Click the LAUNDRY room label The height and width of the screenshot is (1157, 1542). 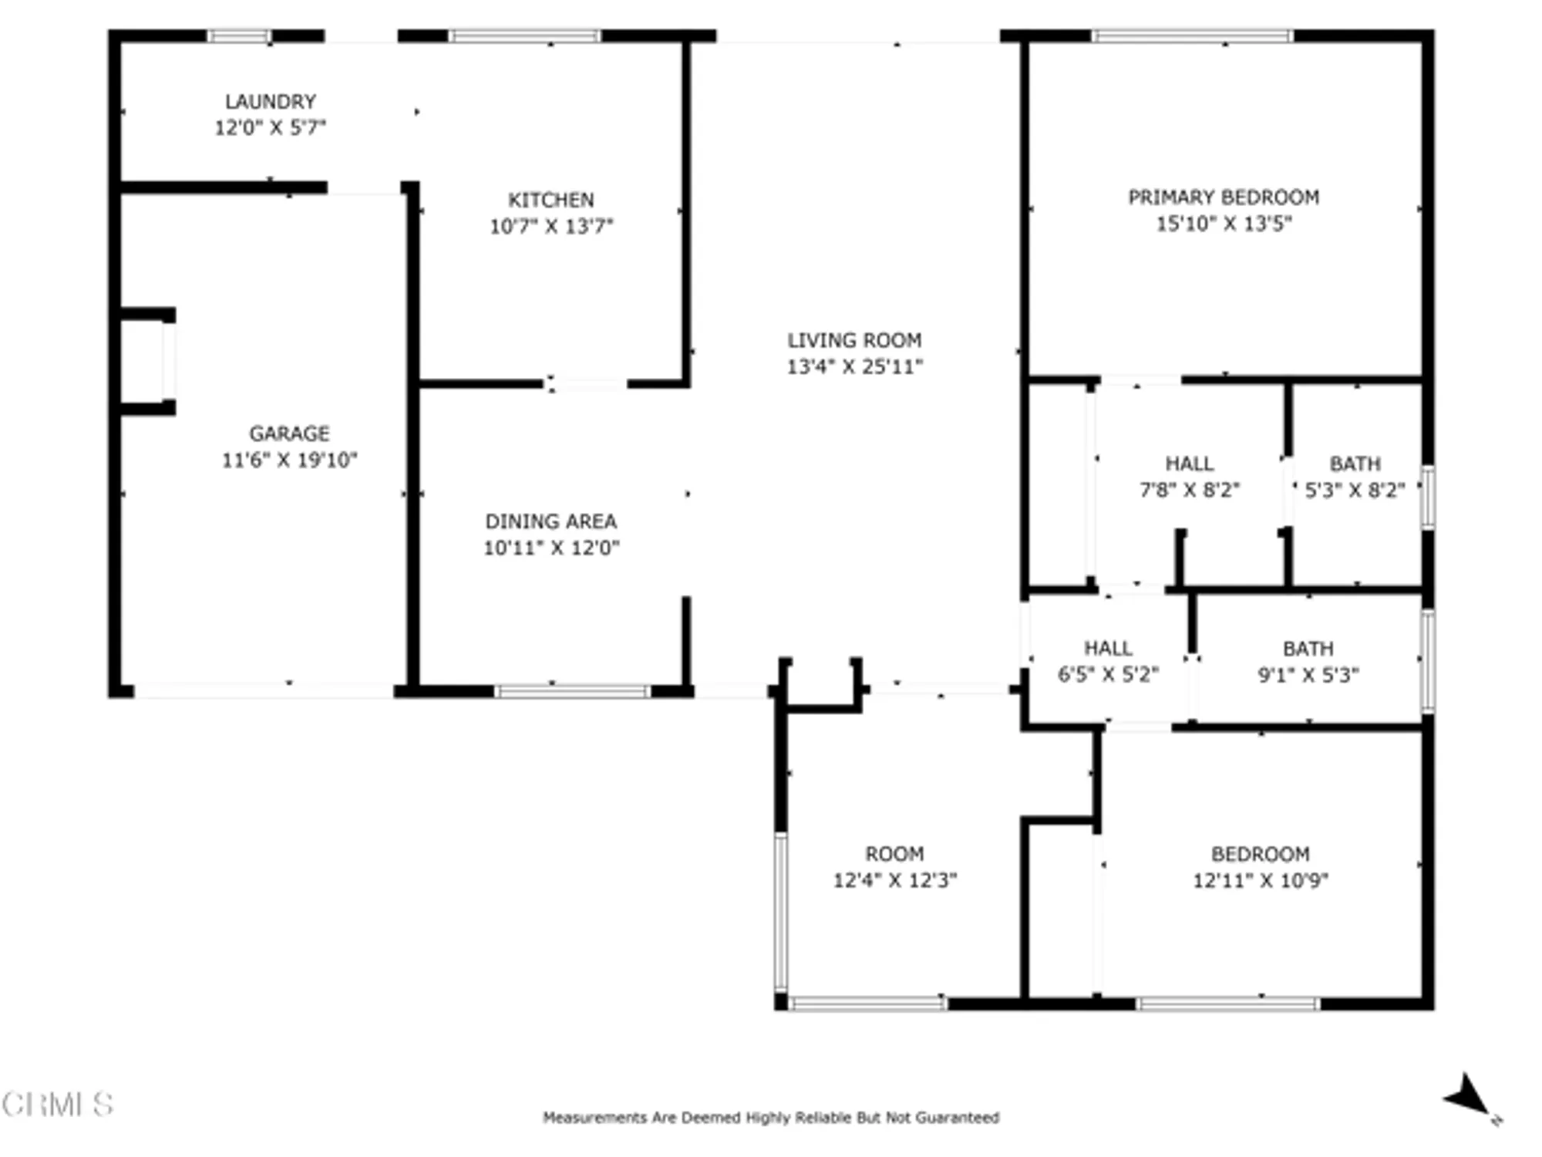[x=270, y=102]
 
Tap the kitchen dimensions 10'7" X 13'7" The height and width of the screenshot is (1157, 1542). [x=550, y=226]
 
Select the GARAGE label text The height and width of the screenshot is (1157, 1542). [x=289, y=433]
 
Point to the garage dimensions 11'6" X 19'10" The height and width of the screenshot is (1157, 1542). [x=289, y=460]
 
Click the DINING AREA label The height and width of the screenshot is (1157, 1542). [x=550, y=521]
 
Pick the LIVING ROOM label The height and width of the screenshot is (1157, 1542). [x=854, y=340]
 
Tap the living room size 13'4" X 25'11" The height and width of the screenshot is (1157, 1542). [x=854, y=366]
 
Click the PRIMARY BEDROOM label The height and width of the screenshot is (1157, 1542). [x=1224, y=197]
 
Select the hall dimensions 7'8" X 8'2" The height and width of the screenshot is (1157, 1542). [x=1189, y=490]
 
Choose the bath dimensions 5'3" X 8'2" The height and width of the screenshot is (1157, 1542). [x=1355, y=490]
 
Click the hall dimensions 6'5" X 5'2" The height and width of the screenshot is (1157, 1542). [x=1108, y=674]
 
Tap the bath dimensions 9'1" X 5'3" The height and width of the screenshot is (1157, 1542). [x=1308, y=675]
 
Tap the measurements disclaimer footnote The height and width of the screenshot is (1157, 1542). [x=771, y=1117]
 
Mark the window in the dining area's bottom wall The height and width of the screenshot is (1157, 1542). [x=572, y=691]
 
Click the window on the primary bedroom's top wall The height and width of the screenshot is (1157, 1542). [x=1192, y=35]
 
